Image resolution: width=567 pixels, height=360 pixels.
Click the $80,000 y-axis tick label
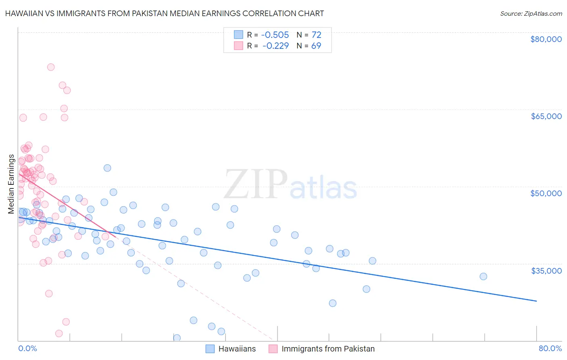coord(546,39)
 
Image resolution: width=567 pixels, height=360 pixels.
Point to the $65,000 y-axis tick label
coord(546,116)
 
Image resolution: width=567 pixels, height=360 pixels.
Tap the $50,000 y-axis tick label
coord(546,193)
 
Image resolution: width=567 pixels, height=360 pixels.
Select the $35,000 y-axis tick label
coord(546,270)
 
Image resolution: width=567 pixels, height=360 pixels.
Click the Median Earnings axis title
coord(11,184)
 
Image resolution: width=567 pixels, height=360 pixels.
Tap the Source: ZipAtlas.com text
coord(531,13)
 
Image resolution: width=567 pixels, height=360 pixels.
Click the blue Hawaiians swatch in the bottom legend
coord(210,349)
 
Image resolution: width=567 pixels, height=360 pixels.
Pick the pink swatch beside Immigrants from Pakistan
coord(273,349)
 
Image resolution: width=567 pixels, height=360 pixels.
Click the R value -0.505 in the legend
coord(275,35)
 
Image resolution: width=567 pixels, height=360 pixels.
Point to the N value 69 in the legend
coord(316,46)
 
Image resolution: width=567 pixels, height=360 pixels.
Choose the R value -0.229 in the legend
coord(275,46)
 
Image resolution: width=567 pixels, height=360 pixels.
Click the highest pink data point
coord(51,67)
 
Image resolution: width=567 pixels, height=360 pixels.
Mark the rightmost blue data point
coord(483,276)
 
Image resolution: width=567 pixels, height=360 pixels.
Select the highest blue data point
coord(107,168)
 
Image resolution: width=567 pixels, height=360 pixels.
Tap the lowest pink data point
coord(59,333)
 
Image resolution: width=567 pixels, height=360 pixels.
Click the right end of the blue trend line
coord(536,301)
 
